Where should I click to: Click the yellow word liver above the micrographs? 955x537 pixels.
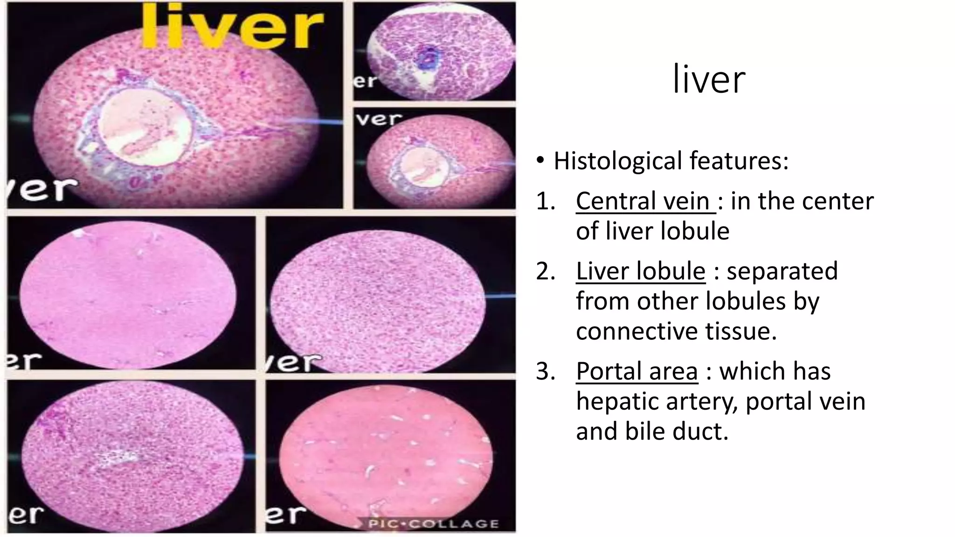232,26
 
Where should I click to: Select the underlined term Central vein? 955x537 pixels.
645,201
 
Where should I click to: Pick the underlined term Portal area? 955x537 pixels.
637,371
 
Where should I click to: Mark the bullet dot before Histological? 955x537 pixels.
540,161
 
